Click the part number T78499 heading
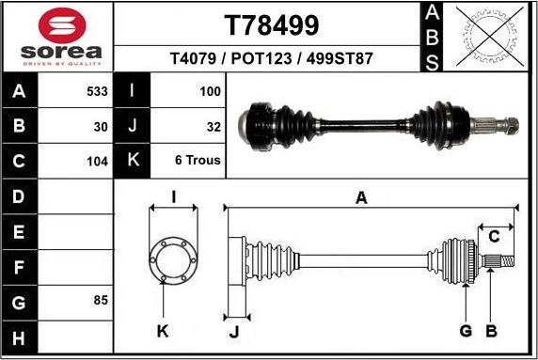271,23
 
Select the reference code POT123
270,58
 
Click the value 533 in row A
97,92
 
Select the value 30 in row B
101,126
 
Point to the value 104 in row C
97,160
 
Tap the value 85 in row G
101,301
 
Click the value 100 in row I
210,92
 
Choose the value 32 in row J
214,126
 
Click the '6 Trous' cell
198,160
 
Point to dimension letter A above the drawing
360,197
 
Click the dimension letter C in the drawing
493,235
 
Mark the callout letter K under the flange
162,330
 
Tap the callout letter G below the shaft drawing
466,330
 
